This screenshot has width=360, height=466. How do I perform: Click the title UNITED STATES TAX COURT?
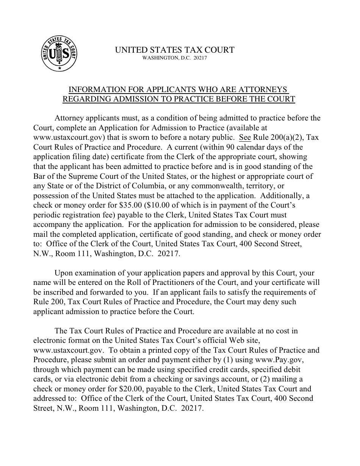tap(175, 50)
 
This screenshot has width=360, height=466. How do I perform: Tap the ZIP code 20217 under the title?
tap(199, 58)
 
